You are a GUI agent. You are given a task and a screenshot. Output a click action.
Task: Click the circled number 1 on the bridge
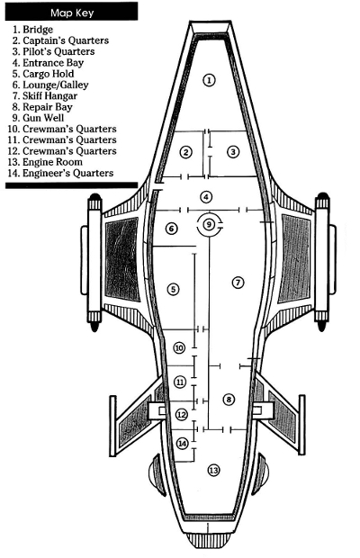[209, 80]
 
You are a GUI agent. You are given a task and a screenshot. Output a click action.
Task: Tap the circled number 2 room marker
[185, 153]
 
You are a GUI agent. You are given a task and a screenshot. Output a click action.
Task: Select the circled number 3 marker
[232, 152]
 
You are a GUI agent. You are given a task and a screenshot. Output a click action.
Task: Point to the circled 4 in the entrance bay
[206, 197]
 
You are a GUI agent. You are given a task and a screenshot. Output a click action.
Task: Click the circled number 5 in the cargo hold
[173, 289]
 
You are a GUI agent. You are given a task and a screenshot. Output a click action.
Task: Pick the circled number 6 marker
[172, 229]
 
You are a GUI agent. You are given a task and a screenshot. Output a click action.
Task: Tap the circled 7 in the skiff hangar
[238, 283]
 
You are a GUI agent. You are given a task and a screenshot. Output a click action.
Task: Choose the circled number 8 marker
[229, 400]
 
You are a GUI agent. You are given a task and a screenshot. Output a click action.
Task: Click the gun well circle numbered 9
[209, 224]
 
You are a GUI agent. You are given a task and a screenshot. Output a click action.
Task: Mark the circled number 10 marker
[179, 347]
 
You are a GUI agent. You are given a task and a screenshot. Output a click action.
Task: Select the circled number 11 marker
[180, 382]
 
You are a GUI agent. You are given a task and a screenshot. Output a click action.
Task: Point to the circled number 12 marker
[182, 415]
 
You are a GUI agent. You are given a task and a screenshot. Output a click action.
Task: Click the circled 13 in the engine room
[213, 471]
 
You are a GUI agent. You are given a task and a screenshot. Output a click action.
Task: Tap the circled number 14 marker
[183, 444]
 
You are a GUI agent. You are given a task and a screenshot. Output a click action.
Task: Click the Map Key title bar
[71, 12]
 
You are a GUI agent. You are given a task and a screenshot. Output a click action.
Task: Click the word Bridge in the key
[38, 30]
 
